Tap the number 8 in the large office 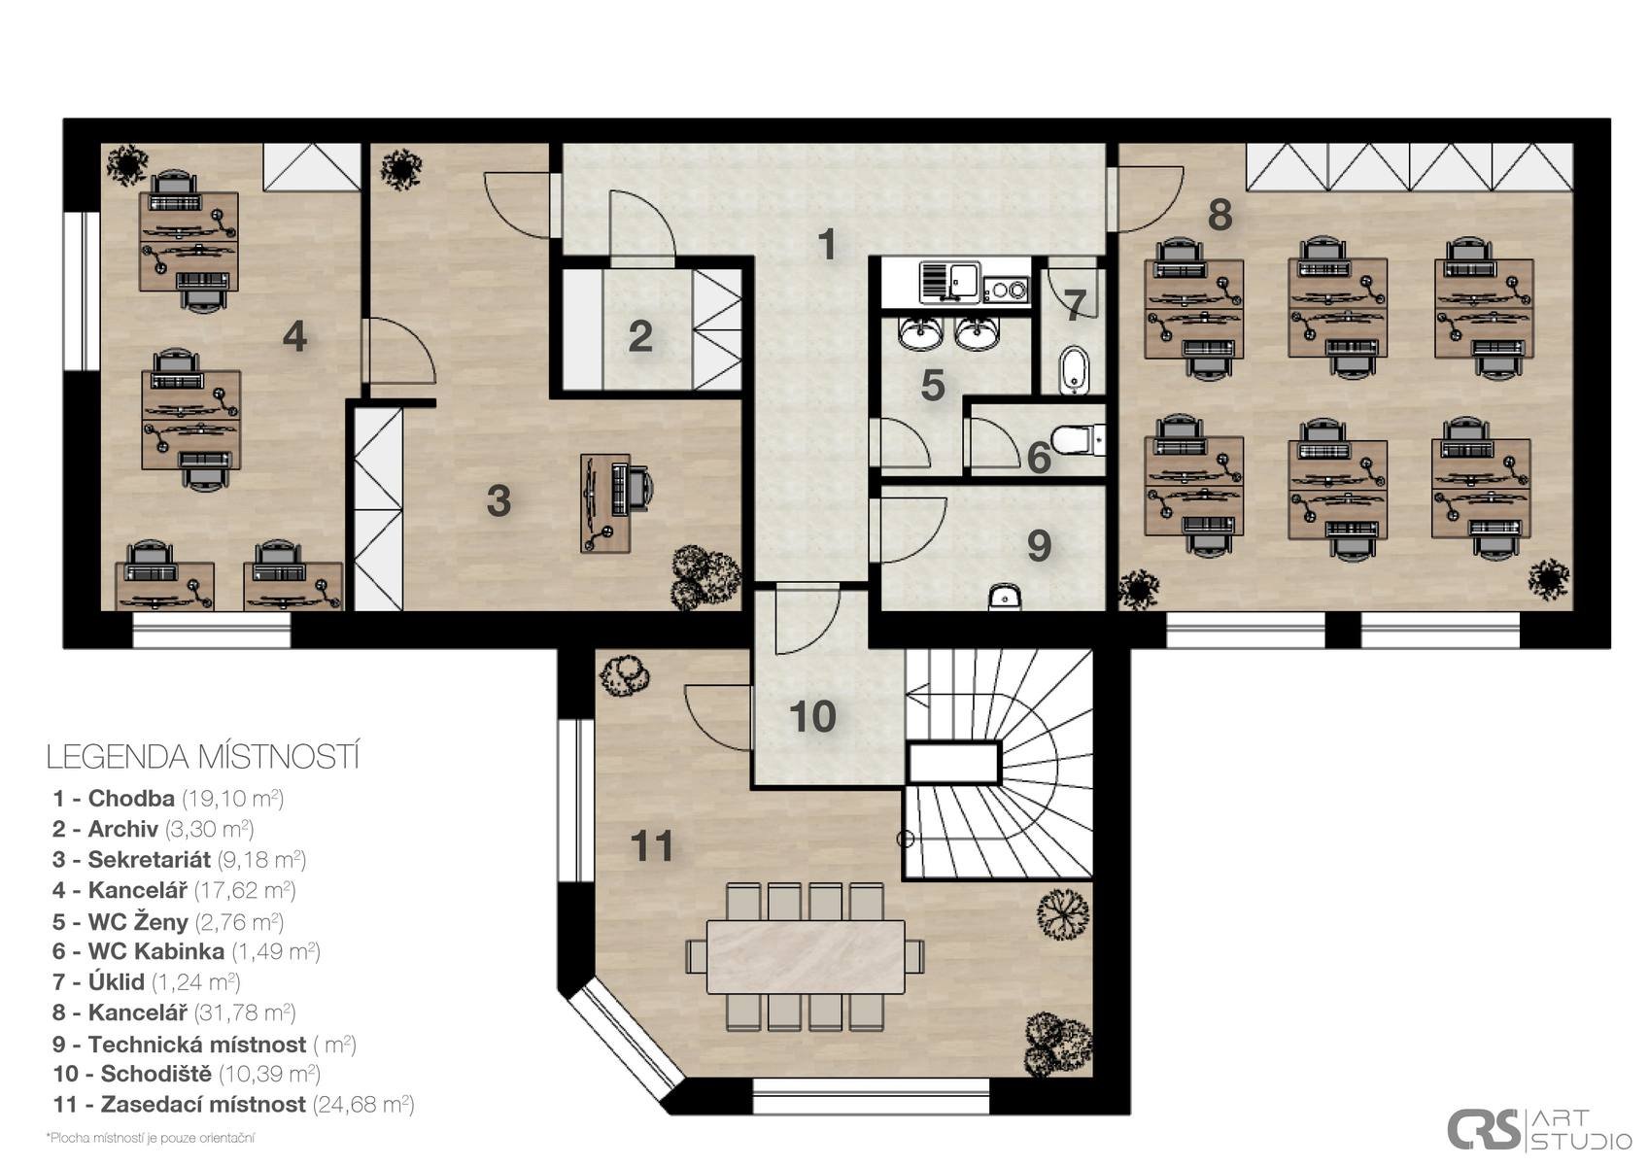point(1220,215)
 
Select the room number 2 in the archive point(639,336)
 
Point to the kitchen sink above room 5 point(949,281)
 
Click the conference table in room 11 point(806,956)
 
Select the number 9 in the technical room point(1039,545)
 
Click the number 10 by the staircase point(812,716)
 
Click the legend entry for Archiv point(154,829)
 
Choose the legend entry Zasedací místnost point(233,1104)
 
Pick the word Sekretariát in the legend point(150,859)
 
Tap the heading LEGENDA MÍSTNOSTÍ point(203,757)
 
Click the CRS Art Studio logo point(1538,1128)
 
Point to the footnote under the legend point(151,1138)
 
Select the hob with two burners point(1005,290)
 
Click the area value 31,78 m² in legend point(245,1012)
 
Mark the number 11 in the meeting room point(651,845)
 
